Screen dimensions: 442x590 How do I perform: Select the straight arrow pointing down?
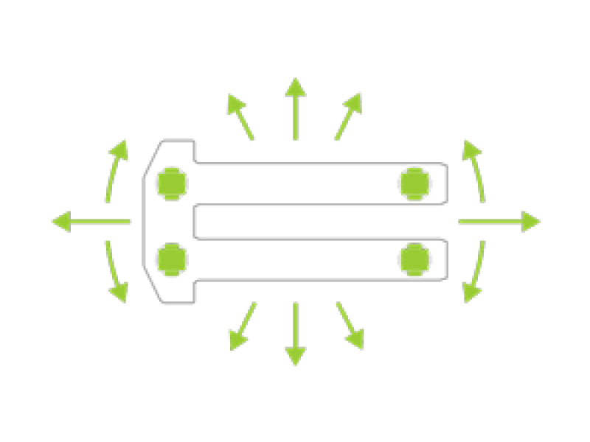click(x=295, y=334)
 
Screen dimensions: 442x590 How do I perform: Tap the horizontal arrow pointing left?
click(x=91, y=220)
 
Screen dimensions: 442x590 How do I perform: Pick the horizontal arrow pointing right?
click(x=500, y=220)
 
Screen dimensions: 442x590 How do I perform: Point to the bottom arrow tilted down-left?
click(x=242, y=326)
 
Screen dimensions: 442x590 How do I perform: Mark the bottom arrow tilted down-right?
click(x=350, y=326)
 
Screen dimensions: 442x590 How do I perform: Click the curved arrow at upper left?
click(x=117, y=170)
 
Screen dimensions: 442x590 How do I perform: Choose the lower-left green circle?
click(x=171, y=259)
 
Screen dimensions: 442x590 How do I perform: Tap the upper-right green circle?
click(x=414, y=182)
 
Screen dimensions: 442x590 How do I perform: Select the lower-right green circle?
click(x=414, y=259)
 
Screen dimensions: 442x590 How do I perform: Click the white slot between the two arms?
click(x=317, y=221)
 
